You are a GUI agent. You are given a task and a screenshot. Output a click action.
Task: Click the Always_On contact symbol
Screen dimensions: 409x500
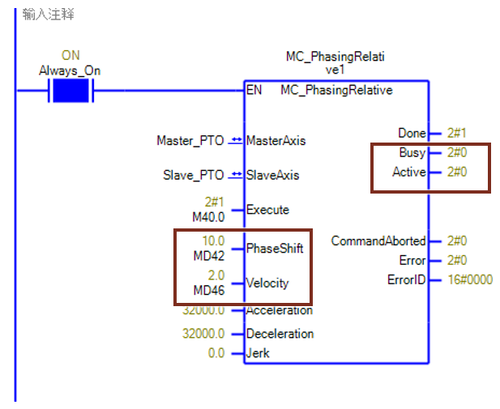pyautogui.click(x=71, y=90)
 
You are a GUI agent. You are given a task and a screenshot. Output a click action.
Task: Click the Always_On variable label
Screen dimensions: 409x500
pyautogui.click(x=70, y=70)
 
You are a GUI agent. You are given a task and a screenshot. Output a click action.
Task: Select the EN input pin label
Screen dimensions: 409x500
pyautogui.click(x=254, y=90)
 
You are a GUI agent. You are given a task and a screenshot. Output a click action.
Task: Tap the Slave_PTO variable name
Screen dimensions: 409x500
pyautogui.click(x=194, y=175)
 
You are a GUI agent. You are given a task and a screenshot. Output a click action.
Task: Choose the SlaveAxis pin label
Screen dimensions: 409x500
pyautogui.click(x=272, y=175)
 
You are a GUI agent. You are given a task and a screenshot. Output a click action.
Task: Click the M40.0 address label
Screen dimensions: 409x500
pyautogui.click(x=209, y=216)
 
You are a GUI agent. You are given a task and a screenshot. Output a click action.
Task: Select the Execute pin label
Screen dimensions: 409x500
pyautogui.click(x=267, y=210)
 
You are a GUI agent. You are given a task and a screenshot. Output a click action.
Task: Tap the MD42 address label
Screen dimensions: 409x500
pyautogui.click(x=208, y=256)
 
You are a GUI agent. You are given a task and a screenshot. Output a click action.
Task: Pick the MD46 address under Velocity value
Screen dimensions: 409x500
pyautogui.click(x=208, y=290)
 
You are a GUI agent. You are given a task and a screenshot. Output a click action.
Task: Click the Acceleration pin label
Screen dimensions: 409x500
pyautogui.click(x=280, y=310)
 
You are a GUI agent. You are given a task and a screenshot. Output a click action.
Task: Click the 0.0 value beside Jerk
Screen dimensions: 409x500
pyautogui.click(x=216, y=352)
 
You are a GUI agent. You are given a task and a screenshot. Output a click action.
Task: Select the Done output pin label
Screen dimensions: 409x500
pyautogui.click(x=412, y=133)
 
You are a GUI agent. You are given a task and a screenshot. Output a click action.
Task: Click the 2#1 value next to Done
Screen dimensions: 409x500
pyautogui.click(x=457, y=133)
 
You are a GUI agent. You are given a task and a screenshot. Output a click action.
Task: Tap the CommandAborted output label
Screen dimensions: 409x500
pyautogui.click(x=378, y=241)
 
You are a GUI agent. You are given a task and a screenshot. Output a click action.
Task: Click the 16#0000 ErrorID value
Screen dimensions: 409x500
pyautogui.click(x=469, y=280)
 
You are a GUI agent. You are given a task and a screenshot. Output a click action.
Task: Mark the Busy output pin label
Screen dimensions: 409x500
pyautogui.click(x=412, y=152)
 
